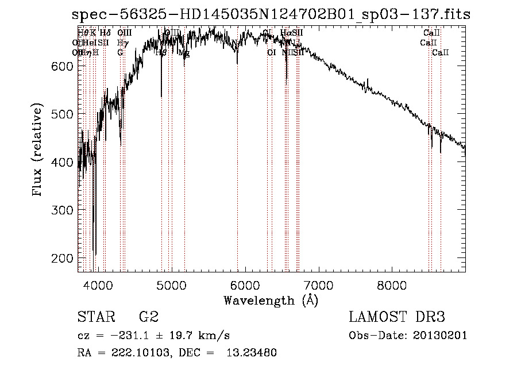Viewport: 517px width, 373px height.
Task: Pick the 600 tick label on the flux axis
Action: click(62, 66)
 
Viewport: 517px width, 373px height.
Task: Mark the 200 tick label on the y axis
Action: click(62, 257)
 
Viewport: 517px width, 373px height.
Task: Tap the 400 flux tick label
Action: click(62, 162)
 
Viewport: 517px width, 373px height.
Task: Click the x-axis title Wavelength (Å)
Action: click(271, 300)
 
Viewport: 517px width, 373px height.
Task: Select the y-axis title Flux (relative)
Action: click(38, 151)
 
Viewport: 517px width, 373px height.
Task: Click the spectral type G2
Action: click(148, 317)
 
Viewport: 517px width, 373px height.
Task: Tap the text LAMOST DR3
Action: click(396, 317)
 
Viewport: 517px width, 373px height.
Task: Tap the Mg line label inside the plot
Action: click(184, 53)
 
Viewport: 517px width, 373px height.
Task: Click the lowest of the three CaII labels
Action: click(441, 53)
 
